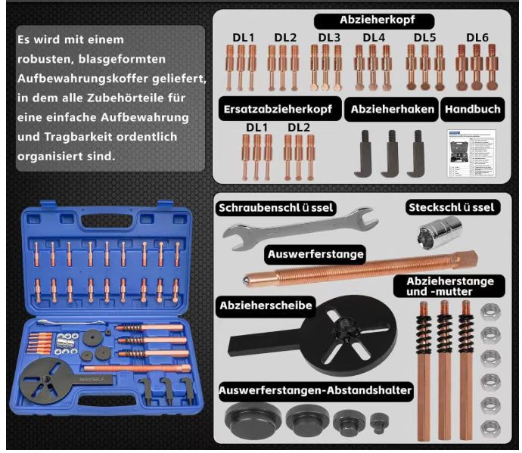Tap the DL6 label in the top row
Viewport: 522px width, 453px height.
pos(477,37)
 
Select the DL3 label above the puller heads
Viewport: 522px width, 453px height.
pos(329,37)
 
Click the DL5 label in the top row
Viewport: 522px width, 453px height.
pos(424,37)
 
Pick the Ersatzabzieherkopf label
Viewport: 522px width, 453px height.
pos(278,109)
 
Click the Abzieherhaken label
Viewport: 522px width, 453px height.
pos(393,109)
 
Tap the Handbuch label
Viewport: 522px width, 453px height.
pos(472,109)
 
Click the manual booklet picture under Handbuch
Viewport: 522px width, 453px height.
pos(471,154)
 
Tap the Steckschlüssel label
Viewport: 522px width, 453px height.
pos(451,207)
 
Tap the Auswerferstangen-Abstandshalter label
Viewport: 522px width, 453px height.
pos(315,391)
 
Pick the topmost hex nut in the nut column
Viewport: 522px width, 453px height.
pos(489,310)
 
